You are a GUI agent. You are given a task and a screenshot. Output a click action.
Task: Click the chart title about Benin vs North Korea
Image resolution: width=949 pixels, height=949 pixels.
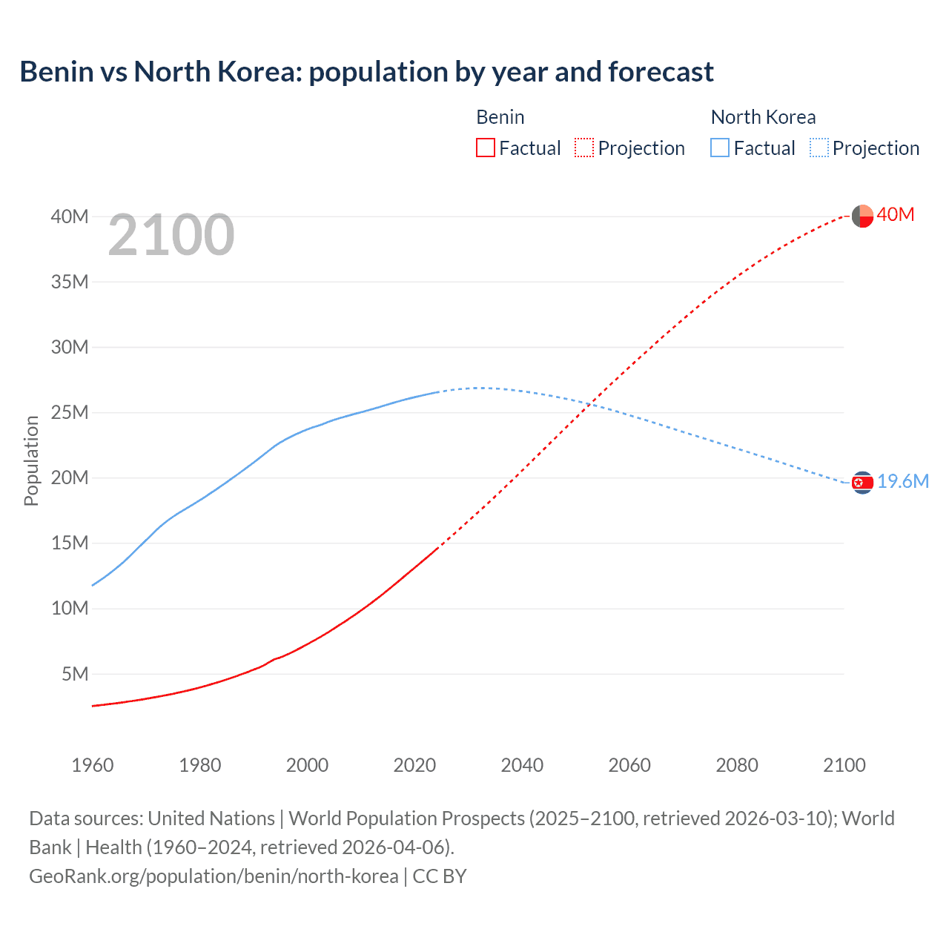coord(366,72)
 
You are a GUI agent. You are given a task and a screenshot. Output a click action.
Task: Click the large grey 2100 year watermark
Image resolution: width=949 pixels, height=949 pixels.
coord(171,235)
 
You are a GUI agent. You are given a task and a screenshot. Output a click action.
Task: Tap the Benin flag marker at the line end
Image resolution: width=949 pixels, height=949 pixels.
coord(862,216)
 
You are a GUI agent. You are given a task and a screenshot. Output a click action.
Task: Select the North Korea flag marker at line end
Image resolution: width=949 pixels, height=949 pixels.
coord(862,483)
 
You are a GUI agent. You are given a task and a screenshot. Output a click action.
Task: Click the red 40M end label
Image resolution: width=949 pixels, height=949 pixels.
coord(895,215)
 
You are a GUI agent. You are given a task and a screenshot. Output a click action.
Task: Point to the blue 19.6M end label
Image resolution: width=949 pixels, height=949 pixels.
coord(902,482)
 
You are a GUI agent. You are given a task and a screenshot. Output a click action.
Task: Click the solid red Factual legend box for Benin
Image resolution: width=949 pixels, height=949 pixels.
coord(485,148)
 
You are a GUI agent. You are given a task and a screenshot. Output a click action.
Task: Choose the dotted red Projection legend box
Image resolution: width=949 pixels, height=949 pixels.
coord(584,148)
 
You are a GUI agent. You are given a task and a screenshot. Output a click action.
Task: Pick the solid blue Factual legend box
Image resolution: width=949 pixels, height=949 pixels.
coord(719,148)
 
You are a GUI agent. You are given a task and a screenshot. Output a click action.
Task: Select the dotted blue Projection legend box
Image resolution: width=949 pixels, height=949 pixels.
coord(819,148)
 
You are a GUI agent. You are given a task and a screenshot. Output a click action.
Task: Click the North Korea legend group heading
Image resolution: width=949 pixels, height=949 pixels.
coord(763,117)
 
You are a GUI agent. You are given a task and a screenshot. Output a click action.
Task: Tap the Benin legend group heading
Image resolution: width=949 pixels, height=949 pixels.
coord(500,117)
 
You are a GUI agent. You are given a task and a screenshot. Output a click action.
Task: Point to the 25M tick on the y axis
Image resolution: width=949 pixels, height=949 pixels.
coord(70,412)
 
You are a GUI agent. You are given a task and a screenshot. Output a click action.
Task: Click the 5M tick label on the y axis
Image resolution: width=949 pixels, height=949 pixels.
coord(75,674)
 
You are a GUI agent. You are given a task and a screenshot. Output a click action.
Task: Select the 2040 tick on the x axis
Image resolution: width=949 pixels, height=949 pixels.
coord(522,765)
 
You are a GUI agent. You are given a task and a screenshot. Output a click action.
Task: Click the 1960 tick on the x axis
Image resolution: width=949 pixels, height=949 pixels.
coord(93,765)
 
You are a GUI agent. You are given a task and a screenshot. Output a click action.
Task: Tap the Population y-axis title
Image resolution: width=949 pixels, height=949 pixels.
coord(31,460)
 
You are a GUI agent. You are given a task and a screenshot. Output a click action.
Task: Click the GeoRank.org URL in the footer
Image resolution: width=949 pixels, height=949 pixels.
coord(214,876)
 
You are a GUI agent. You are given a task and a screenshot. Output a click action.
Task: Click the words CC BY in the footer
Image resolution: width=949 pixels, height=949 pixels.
coord(440,876)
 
